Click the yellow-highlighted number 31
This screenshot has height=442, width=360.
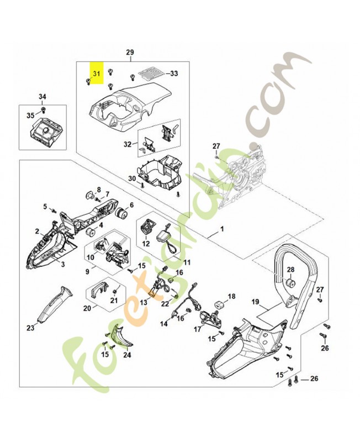97,73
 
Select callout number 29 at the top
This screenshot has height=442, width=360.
130,53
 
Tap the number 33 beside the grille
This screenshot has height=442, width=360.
173,73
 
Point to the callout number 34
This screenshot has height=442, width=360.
43,97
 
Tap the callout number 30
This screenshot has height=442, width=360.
131,178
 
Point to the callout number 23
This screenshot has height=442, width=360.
30,328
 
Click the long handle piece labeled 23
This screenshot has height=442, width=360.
55,303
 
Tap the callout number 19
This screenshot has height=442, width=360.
255,302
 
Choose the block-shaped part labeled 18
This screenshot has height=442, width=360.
218,304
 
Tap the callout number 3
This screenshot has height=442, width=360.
62,265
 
